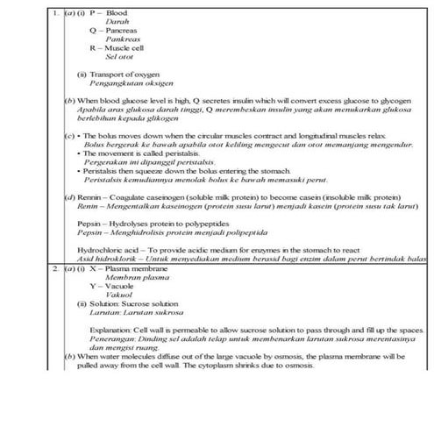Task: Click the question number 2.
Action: pos(55,270)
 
